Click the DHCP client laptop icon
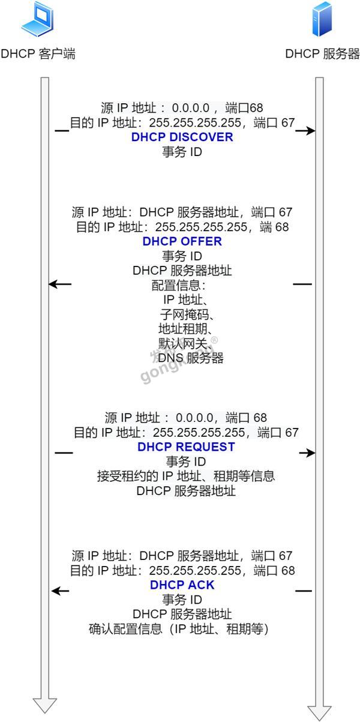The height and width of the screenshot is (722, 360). click(x=37, y=19)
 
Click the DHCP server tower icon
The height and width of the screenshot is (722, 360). click(x=322, y=19)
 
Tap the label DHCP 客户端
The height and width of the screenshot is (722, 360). click(x=38, y=53)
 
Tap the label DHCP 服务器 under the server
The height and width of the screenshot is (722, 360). click(x=322, y=53)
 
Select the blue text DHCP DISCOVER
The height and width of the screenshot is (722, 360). click(x=182, y=137)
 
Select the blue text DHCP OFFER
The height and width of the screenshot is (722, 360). click(x=182, y=241)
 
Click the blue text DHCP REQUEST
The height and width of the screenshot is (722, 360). click(x=186, y=447)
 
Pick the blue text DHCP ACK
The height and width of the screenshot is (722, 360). click(x=182, y=585)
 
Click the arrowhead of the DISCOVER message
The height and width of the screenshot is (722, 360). click(x=311, y=131)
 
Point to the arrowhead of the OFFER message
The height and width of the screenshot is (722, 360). click(x=53, y=284)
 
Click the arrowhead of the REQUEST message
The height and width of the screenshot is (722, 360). click(x=311, y=453)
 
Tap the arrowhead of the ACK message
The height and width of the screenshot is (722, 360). click(x=56, y=591)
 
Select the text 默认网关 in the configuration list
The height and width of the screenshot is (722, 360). click(x=182, y=343)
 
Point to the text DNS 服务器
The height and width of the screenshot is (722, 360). click(x=191, y=358)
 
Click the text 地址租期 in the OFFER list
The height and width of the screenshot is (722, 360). click(x=182, y=329)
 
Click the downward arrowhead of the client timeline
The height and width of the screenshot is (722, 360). click(x=45, y=706)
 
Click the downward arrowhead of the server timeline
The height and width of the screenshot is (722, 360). click(x=319, y=713)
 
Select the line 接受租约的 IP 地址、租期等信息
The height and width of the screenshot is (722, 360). click(x=186, y=476)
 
